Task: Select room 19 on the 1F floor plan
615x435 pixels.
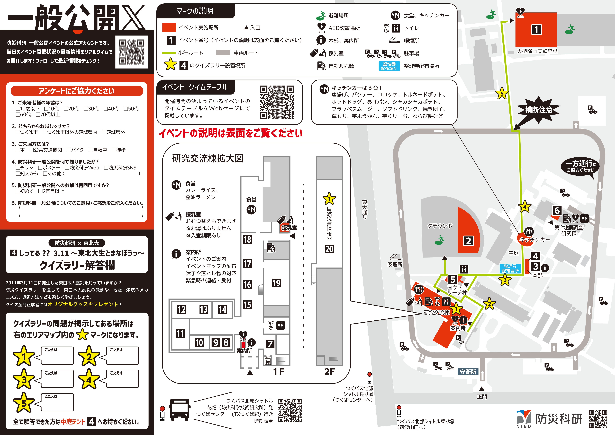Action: [276, 283]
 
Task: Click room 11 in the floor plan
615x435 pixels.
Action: [180, 333]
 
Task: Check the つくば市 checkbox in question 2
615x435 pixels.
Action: [18, 132]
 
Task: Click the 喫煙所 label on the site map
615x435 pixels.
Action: [395, 264]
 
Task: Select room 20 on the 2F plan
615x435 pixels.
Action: [329, 249]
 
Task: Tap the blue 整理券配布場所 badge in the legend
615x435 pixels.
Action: [389, 66]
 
